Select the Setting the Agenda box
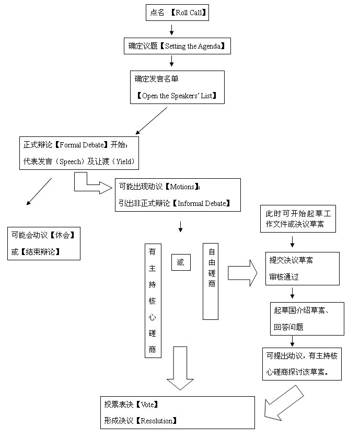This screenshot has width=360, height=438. [x=178, y=46]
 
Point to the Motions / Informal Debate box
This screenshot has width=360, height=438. [x=178, y=194]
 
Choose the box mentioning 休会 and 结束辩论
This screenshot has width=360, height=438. [x=44, y=243]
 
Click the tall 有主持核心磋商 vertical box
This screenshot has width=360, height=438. [x=153, y=299]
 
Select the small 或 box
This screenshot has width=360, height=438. [x=181, y=263]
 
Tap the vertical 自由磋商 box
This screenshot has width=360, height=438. [x=211, y=281]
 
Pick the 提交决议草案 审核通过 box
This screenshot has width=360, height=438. [x=302, y=269]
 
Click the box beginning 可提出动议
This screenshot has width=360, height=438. [x=302, y=364]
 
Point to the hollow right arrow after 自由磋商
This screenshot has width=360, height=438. [x=242, y=272]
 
